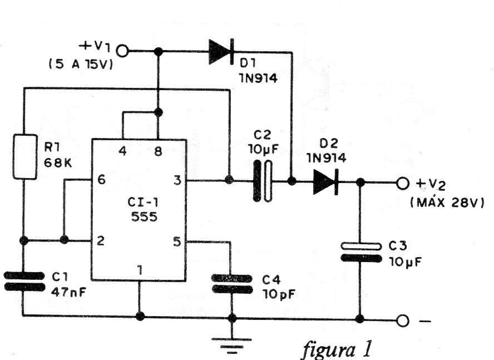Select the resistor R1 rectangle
(24, 156)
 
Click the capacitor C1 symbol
(23, 281)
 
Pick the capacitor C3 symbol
(360, 251)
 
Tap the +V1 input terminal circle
(122, 52)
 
